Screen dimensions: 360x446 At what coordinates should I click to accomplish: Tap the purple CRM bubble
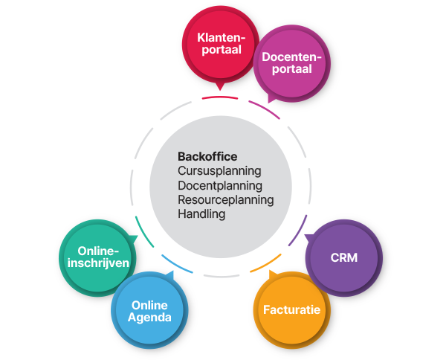pos(343,258)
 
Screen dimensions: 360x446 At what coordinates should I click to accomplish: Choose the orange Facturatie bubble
pos(291,309)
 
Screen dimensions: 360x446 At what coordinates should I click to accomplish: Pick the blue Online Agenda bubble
pos(151,311)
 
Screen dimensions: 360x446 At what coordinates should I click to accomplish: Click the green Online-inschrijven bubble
pos(94,257)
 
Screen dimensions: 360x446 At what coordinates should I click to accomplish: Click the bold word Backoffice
pos(207,156)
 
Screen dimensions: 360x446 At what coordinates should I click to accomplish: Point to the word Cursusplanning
pos(219,170)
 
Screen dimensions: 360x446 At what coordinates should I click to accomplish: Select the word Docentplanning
pos(220,185)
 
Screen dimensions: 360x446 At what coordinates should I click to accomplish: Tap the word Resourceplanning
pos(226,199)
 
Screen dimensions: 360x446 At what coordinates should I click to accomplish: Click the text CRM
pos(343,258)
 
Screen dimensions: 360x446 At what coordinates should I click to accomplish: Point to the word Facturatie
pos(291,309)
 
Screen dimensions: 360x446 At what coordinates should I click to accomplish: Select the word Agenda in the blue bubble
pos(151,318)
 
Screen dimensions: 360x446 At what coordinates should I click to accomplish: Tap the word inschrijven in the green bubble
pos(94,263)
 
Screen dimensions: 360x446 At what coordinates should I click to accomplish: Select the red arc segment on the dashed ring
pos(220,97)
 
